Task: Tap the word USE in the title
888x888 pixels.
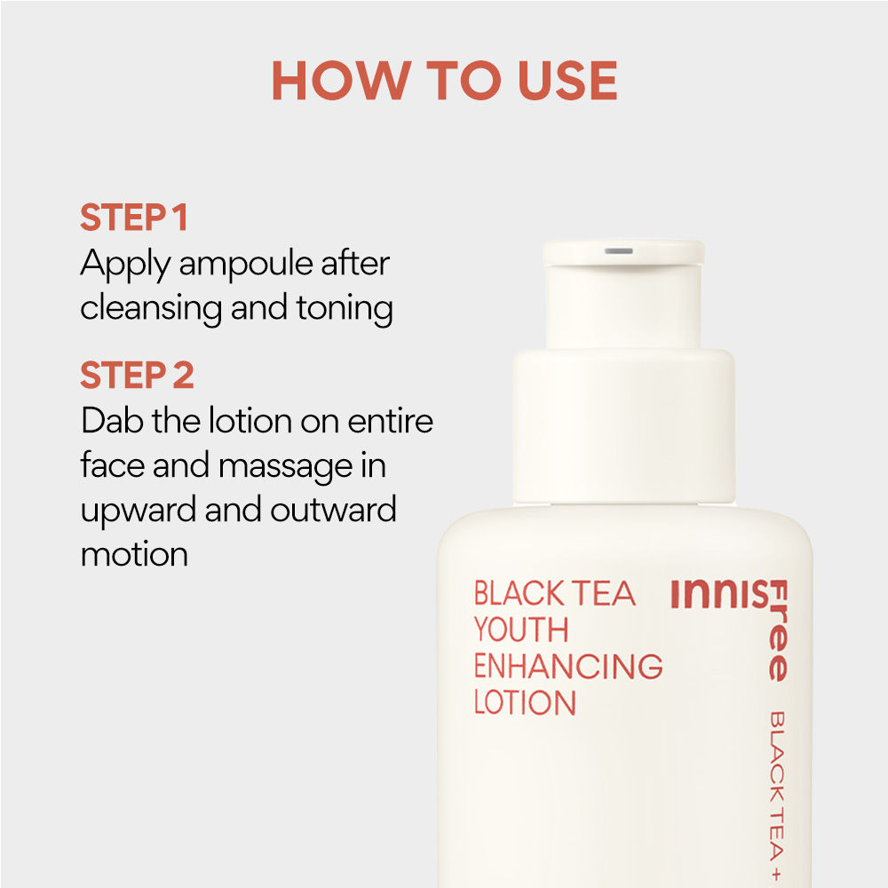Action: [x=567, y=81]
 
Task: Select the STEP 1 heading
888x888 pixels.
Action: [x=134, y=218]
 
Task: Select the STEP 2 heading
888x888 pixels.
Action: [x=137, y=375]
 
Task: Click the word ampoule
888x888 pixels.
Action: [x=246, y=266]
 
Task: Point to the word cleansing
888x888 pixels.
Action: [x=151, y=309]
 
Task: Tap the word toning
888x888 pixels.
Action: [x=345, y=309]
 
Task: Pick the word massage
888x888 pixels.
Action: [x=285, y=468]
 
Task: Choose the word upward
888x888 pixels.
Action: [x=138, y=511]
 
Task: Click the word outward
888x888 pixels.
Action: [x=333, y=510]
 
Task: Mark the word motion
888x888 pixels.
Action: [x=134, y=554]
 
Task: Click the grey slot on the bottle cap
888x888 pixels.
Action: [x=618, y=251]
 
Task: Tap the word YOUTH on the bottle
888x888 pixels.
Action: [x=521, y=630]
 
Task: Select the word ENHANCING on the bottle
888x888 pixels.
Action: [x=568, y=666]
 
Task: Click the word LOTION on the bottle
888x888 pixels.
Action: [x=525, y=702]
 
